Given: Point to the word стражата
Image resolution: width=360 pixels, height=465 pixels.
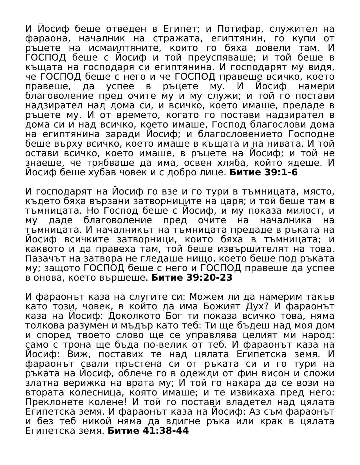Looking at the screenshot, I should coord(176,38).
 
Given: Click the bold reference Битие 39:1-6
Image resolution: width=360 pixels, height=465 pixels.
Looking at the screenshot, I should coord(263,172).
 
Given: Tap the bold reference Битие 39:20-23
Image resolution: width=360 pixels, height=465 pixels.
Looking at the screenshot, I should coord(192,278).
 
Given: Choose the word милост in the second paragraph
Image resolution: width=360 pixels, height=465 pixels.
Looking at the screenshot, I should coord(303,211).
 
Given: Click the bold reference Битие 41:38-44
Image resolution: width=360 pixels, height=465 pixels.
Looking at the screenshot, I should coord(148,431).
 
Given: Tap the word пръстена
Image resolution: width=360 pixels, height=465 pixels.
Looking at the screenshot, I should coord(139,364).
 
